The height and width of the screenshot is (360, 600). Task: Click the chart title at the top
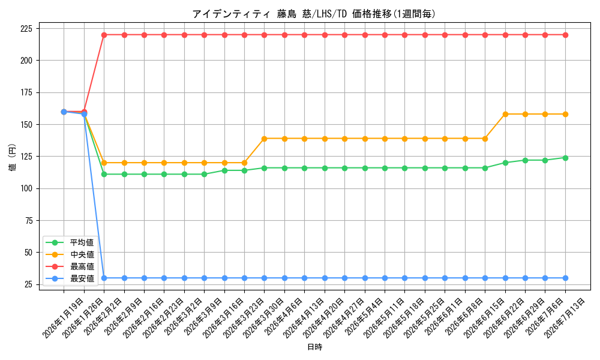coord(314,14)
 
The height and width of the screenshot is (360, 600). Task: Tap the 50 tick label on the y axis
coord(29,253)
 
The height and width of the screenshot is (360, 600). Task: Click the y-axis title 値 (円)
coord(12,157)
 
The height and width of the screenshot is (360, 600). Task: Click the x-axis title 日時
coord(314,347)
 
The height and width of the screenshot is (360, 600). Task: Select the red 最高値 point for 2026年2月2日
coord(104,35)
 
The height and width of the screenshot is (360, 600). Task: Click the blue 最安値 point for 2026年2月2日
coord(104,278)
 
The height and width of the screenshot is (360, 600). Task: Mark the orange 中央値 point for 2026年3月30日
coord(265,139)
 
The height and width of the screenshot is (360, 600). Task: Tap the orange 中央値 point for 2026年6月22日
coord(505,114)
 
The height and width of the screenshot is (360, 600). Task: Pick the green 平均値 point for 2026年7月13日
coord(565,158)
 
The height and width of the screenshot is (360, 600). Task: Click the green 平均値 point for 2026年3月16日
coord(224,170)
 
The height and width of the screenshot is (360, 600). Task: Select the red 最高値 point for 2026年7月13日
coord(565,35)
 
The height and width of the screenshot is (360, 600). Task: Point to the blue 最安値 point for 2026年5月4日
coord(365,278)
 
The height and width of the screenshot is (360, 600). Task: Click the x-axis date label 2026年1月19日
coord(63,318)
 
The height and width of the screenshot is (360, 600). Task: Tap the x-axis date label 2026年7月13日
coord(565,318)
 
